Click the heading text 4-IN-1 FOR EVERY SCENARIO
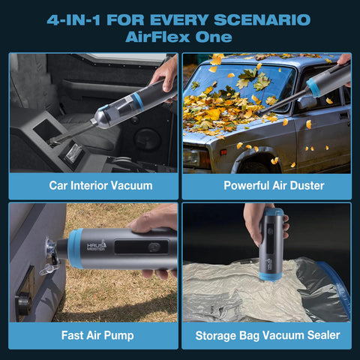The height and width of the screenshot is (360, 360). tap(178, 19)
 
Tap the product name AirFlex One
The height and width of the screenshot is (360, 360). tap(178, 37)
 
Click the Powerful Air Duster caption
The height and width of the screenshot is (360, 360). tap(267, 184)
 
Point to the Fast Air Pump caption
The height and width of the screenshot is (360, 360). tap(93, 334)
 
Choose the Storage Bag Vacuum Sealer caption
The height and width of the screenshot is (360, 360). tap(267, 334)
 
